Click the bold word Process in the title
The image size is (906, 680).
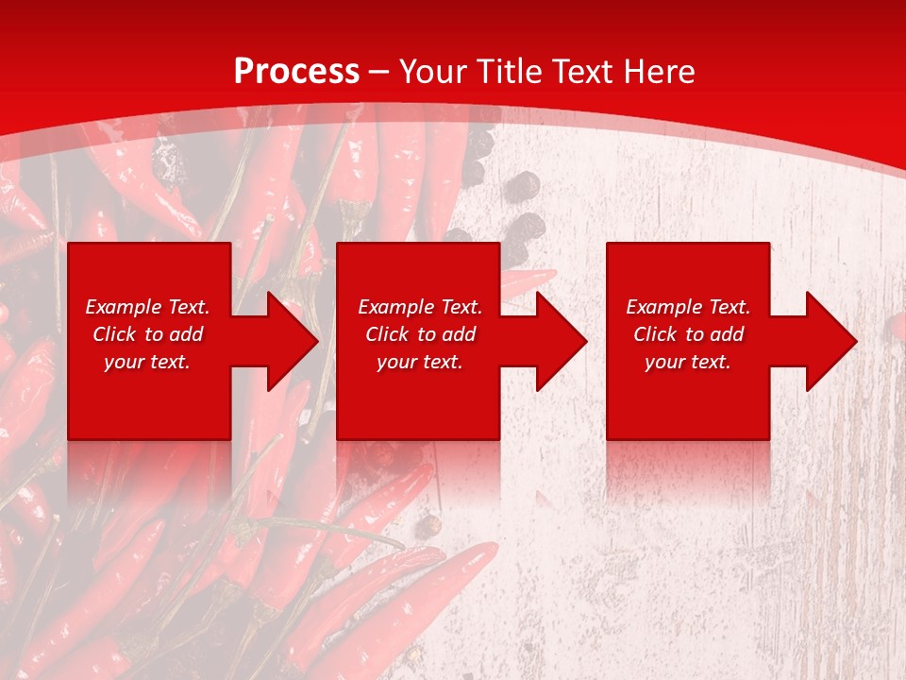click(x=296, y=72)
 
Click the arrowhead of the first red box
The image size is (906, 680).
click(x=290, y=341)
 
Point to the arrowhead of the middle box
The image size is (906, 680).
click(x=559, y=341)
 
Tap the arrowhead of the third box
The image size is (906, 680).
click(x=829, y=341)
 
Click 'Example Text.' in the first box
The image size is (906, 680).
click(x=147, y=307)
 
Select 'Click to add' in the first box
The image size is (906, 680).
click(x=147, y=334)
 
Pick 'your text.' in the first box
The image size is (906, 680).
click(x=147, y=362)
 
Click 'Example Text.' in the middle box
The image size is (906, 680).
click(x=420, y=307)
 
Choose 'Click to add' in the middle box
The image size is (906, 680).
click(x=420, y=334)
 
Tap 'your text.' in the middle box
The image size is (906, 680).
click(x=420, y=362)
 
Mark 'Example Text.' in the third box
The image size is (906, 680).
click(x=688, y=307)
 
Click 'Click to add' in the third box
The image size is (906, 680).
click(x=688, y=334)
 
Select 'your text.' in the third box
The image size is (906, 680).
click(x=688, y=362)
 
